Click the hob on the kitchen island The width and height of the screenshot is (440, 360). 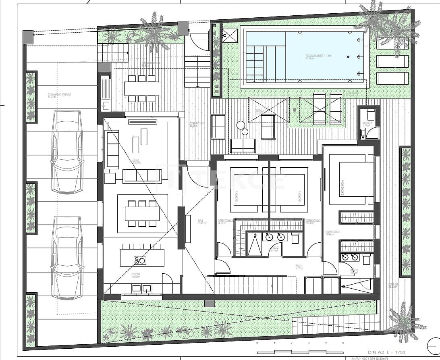tap(139, 261)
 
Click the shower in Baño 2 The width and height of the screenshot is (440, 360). tap(254, 244)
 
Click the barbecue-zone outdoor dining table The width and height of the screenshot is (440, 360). tap(141, 88)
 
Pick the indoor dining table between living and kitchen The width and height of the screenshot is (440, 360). tap(141, 213)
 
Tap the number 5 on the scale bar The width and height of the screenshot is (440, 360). tap(343, 343)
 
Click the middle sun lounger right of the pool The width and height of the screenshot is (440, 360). tap(392, 61)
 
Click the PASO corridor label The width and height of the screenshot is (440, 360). tap(298, 266)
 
